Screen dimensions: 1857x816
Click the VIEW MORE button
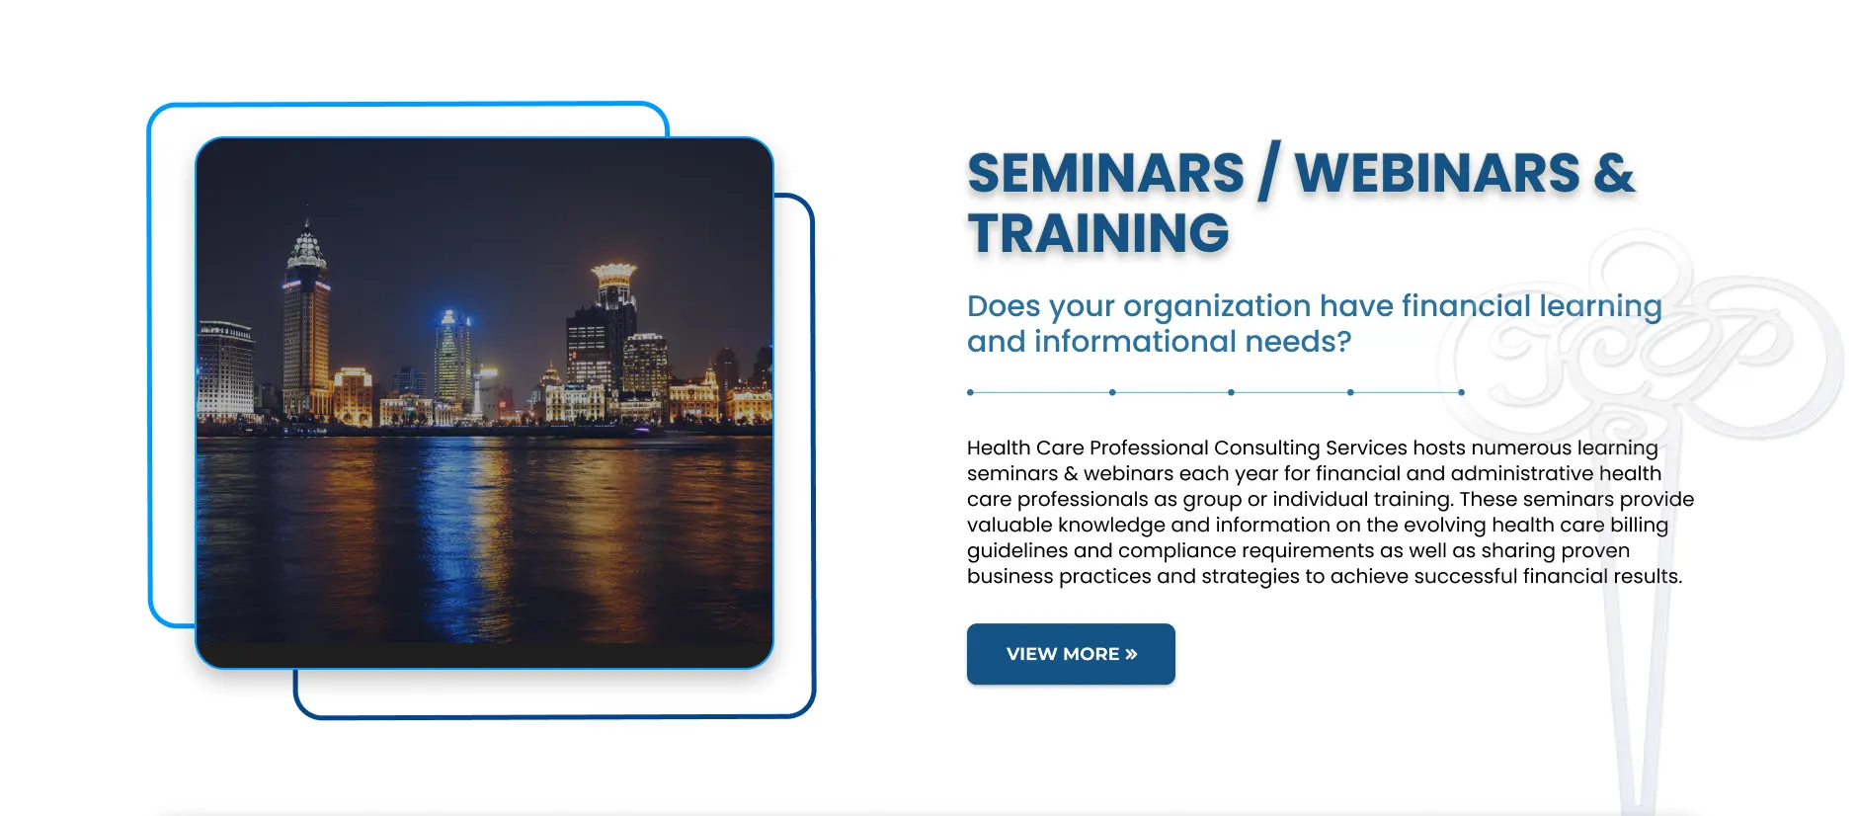(1071, 654)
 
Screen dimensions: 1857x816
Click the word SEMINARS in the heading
(1105, 174)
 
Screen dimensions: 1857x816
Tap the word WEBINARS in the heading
(1437, 174)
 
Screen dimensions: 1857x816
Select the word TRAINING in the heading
(1098, 234)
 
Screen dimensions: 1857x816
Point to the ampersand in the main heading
(1614, 174)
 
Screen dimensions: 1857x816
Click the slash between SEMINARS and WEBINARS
(1269, 172)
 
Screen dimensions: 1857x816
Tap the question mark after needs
(1343, 341)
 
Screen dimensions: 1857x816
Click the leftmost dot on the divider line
(971, 392)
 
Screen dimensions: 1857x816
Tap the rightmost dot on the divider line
(1461, 392)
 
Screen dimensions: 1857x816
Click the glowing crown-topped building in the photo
(613, 296)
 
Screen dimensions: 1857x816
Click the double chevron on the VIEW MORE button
(1131, 654)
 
